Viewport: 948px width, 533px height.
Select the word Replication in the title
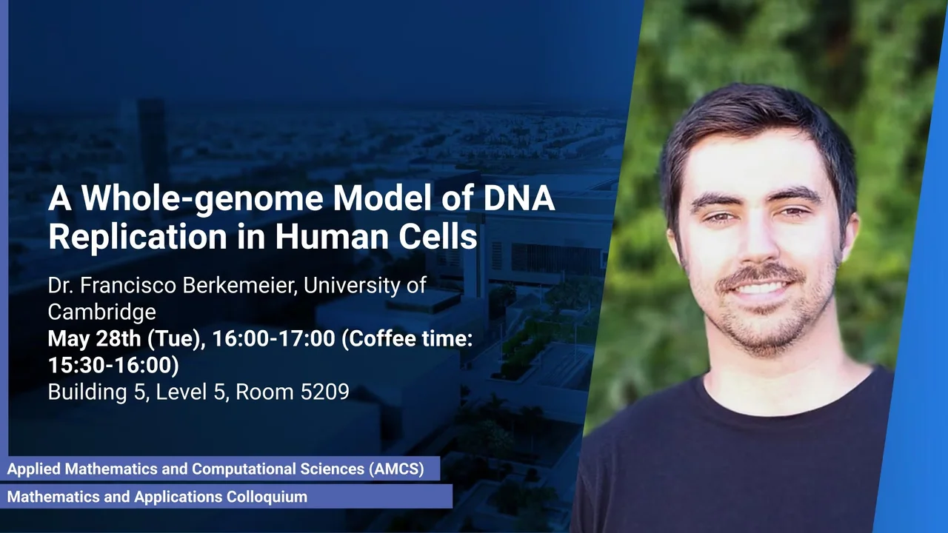[138, 236]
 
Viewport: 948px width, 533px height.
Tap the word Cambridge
[102, 312]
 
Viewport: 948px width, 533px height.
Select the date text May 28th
[94, 338]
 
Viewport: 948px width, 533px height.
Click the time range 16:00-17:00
[273, 338]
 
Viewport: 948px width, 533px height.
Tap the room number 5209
[325, 392]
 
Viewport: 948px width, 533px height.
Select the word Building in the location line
[87, 392]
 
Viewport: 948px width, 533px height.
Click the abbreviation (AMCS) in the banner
[396, 469]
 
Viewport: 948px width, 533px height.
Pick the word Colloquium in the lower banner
[267, 497]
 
